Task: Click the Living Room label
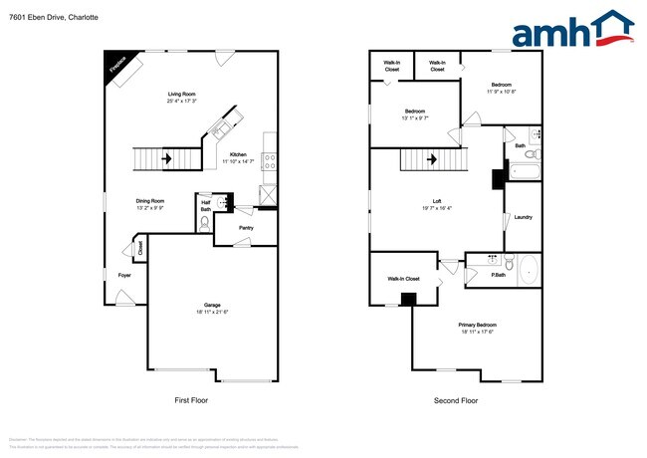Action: (x=181, y=97)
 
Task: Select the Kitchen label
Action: (x=239, y=155)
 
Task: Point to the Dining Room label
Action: (x=150, y=203)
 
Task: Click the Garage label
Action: (x=212, y=307)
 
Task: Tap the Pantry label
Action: (x=246, y=228)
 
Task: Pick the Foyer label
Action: (x=124, y=275)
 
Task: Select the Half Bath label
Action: (x=205, y=205)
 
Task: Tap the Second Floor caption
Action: (x=457, y=400)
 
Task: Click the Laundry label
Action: (x=523, y=217)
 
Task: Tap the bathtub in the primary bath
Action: (x=529, y=269)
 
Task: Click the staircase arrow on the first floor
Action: (x=168, y=157)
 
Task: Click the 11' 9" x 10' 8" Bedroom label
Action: (x=501, y=87)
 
